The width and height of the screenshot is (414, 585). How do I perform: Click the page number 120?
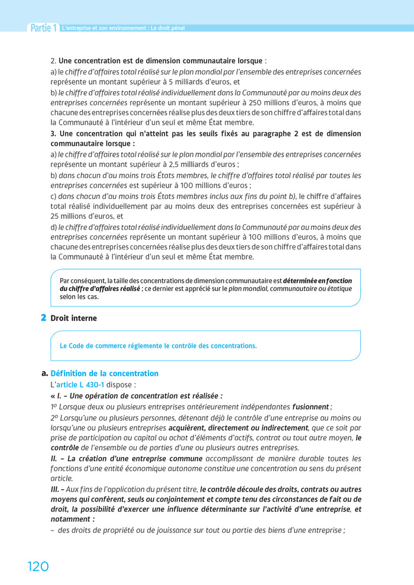38,566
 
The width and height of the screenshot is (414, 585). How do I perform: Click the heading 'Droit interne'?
73,318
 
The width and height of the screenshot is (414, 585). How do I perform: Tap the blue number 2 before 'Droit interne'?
43,318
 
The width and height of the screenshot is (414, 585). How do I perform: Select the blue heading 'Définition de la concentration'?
104,373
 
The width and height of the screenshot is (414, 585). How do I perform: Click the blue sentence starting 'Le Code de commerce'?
158,345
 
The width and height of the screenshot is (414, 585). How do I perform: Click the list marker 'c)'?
54,196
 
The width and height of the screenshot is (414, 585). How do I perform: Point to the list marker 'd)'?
54,227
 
